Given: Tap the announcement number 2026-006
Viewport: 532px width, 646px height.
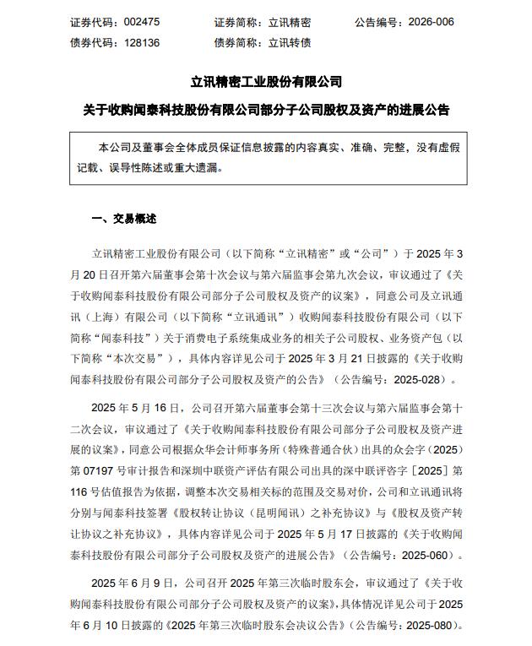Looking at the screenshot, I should click(x=431, y=22).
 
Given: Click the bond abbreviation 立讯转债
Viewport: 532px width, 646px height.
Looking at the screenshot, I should click(x=290, y=42).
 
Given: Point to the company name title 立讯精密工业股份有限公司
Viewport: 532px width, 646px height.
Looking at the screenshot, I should click(x=265, y=82).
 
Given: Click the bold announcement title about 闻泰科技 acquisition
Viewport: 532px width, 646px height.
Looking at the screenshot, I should click(x=265, y=111).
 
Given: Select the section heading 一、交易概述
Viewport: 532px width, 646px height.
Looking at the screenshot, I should click(x=123, y=219).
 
